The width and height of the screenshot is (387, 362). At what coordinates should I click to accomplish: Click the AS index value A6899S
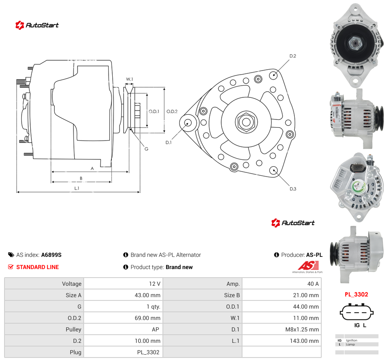51,255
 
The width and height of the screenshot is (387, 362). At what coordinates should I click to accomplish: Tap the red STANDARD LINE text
38,267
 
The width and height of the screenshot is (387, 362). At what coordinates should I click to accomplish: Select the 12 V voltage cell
123,284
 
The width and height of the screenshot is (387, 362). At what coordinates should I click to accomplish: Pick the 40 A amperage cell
282,284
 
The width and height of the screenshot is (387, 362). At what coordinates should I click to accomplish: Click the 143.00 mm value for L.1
304,341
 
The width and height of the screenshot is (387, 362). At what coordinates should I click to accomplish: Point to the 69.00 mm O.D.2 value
147,318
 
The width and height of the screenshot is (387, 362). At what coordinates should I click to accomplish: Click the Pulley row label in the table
73,329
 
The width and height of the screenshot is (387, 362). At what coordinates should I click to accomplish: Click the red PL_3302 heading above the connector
356,294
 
